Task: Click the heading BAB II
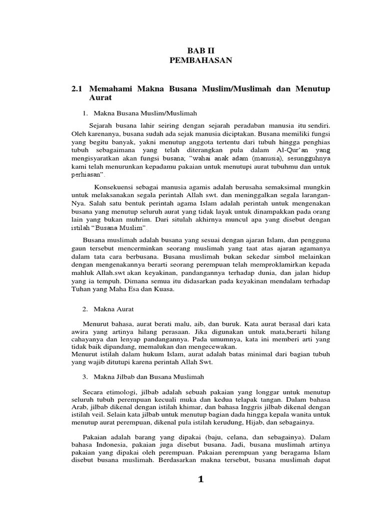tap(200, 50)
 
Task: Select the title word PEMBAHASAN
tap(200, 60)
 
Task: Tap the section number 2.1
tap(77, 88)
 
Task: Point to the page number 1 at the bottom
tap(200, 480)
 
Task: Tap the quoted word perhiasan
tap(88, 176)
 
